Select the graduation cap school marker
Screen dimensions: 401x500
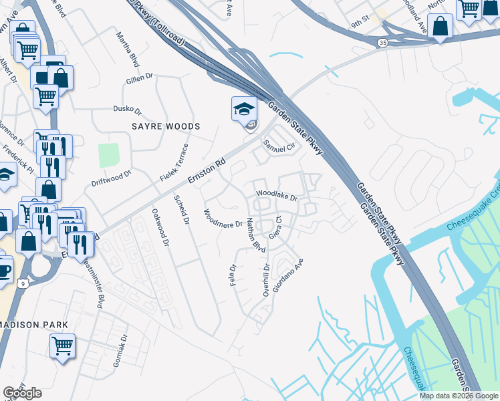[x=244, y=109]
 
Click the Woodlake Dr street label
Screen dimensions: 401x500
[x=276, y=195]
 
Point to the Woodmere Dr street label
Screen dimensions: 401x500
[x=223, y=219]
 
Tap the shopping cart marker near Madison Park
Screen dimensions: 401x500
[x=62, y=346]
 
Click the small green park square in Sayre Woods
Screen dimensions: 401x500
[x=108, y=156]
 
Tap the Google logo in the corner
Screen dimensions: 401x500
[x=22, y=393]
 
